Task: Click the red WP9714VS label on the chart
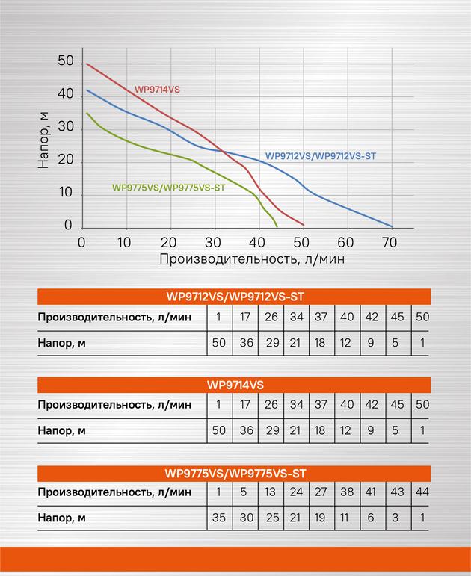(x=157, y=90)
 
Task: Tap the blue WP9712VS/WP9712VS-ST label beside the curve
(x=321, y=156)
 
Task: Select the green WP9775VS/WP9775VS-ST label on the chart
(x=168, y=188)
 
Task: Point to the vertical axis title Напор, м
(x=43, y=140)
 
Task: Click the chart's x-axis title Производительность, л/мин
(x=252, y=259)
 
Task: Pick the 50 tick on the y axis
(x=66, y=61)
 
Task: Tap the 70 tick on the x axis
(x=390, y=243)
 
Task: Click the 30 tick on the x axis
(x=212, y=243)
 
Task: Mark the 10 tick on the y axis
(x=66, y=192)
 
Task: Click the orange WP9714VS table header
(x=234, y=385)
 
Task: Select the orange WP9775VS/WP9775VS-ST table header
(x=234, y=474)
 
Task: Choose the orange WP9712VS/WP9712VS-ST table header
(x=234, y=297)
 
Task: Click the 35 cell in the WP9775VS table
(x=219, y=518)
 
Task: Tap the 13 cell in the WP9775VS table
(x=270, y=492)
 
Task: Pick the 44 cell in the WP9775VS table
(x=422, y=492)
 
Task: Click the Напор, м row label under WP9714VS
(x=62, y=430)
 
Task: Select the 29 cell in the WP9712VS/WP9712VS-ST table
(x=272, y=343)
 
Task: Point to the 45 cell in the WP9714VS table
(x=397, y=404)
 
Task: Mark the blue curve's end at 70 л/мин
(x=392, y=226)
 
